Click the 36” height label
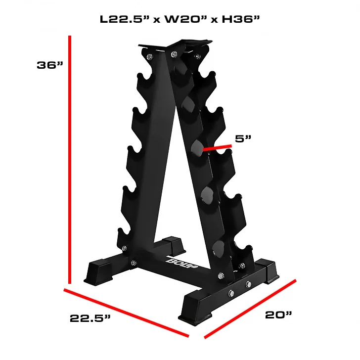pos(50,65)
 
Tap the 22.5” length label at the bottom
pos(90,318)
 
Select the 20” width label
pos(278,315)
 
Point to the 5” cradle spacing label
pos(243,138)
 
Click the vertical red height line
pos(70,160)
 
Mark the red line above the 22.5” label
pos(126,313)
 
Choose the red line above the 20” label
pos(250,309)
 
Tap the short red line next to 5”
pos(217,148)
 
